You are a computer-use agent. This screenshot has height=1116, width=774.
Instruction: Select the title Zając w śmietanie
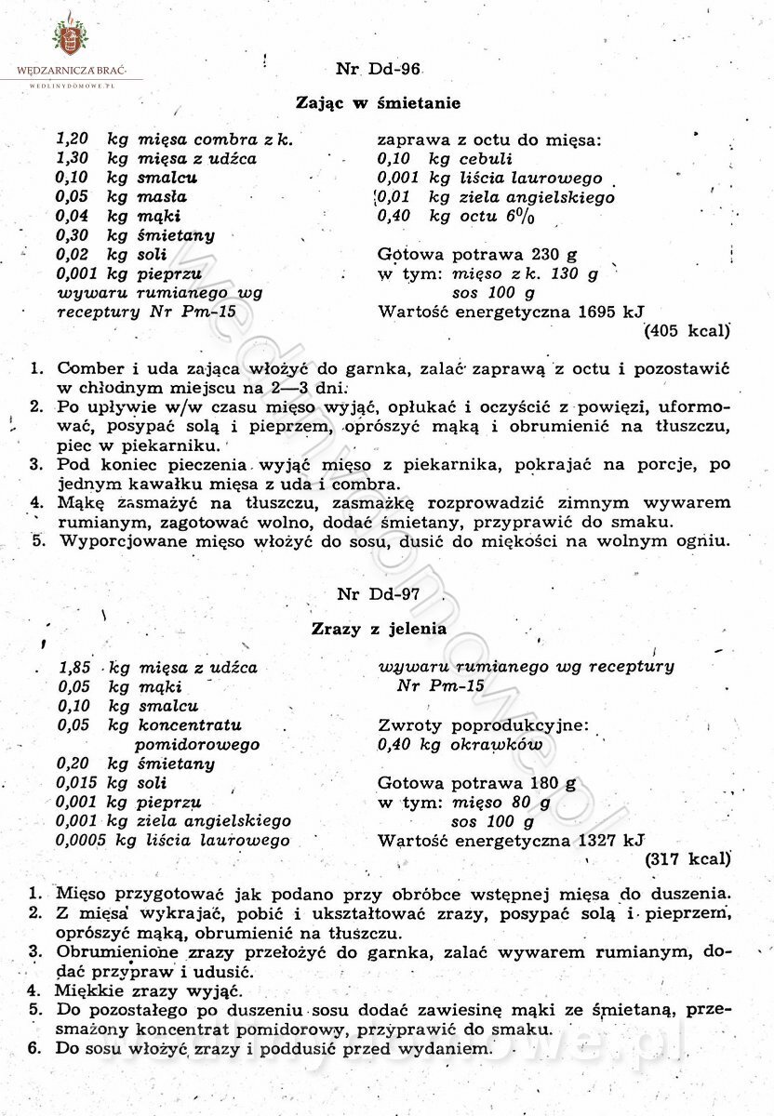[378, 103]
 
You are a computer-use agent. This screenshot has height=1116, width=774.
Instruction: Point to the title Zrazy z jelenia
[379, 629]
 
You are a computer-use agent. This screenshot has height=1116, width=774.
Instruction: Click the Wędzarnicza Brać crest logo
[68, 37]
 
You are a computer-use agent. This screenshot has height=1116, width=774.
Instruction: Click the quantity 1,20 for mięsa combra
[73, 139]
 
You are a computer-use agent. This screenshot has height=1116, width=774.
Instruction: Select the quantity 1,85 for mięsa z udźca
[74, 667]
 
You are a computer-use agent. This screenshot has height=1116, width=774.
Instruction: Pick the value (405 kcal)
[687, 329]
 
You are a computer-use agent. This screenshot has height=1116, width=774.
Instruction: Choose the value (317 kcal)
[687, 857]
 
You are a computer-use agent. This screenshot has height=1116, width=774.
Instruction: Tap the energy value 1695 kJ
[611, 312]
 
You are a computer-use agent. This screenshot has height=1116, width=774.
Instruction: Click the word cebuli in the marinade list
[487, 159]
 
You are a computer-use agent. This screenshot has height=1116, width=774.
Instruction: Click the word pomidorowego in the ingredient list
[197, 745]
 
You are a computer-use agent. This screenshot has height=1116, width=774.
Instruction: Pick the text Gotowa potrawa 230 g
[477, 255]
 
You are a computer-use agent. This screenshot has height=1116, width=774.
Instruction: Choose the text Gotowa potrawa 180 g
[477, 783]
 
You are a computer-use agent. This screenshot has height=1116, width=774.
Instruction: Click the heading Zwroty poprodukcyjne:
[484, 725]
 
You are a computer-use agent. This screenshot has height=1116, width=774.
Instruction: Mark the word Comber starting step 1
[85, 368]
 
